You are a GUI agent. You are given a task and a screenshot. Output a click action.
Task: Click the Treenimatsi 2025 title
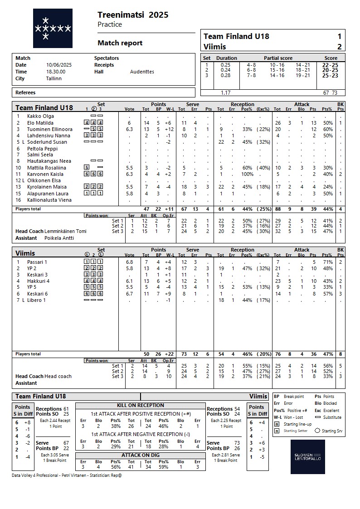[x=133, y=15]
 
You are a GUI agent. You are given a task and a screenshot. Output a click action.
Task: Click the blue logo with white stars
[x=53, y=28]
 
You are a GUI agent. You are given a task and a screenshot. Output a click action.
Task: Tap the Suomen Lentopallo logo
[x=307, y=457]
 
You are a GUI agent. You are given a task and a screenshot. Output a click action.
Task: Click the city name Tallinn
[x=54, y=78]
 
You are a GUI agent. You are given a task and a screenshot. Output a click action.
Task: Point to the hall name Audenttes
[x=142, y=72]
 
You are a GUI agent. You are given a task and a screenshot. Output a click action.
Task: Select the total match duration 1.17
[x=225, y=92]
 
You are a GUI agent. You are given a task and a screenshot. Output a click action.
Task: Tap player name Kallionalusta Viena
[x=50, y=200]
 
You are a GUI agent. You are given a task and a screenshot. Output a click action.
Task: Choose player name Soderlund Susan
[x=47, y=142]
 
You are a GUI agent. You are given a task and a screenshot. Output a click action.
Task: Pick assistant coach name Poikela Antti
[x=59, y=238]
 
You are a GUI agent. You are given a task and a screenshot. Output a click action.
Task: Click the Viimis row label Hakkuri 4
[x=39, y=281]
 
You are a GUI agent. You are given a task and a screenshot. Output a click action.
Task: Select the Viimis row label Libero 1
[x=37, y=300]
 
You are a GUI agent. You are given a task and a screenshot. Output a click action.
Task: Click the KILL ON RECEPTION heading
[x=141, y=405]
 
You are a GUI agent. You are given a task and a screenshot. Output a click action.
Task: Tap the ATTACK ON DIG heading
[x=141, y=455]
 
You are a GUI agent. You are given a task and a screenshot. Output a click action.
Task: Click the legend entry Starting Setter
[x=296, y=431]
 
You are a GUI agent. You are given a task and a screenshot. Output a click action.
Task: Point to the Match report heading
[x=120, y=43]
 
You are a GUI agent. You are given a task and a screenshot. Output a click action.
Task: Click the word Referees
[x=25, y=92]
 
